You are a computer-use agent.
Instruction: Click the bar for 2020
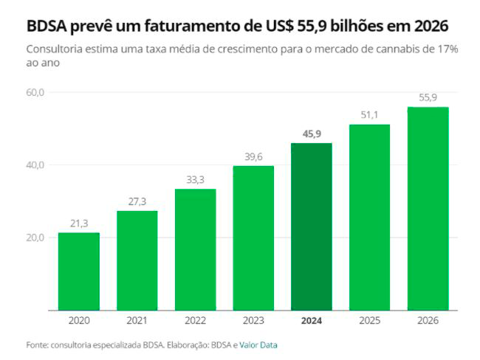(79, 271)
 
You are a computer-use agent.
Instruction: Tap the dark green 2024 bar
(311, 226)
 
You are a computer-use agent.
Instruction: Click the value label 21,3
(79, 224)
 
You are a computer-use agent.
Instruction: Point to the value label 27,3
(137, 201)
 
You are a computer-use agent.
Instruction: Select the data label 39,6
(253, 156)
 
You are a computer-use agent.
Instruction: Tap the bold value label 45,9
(312, 134)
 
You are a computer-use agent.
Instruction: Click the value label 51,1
(369, 115)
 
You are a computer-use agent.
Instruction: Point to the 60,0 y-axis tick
(35, 92)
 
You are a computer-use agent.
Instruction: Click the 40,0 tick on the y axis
(35, 165)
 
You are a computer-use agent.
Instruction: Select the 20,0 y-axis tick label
(35, 238)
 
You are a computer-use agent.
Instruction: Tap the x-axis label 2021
(137, 321)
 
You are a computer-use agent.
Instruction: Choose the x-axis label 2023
(253, 321)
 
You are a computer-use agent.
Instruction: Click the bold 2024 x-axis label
(312, 321)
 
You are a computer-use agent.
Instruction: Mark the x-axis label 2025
(369, 321)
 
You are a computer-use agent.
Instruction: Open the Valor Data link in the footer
(258, 345)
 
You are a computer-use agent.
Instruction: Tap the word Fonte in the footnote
(37, 345)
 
